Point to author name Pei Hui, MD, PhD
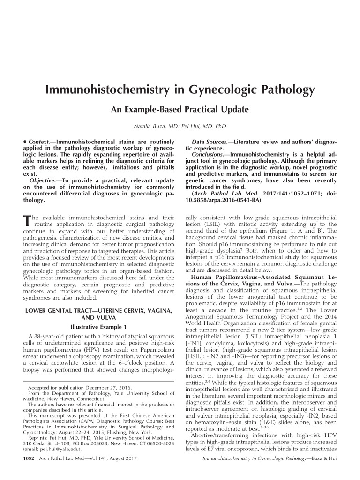206,127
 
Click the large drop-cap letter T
26,221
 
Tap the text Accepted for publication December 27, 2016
80,388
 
